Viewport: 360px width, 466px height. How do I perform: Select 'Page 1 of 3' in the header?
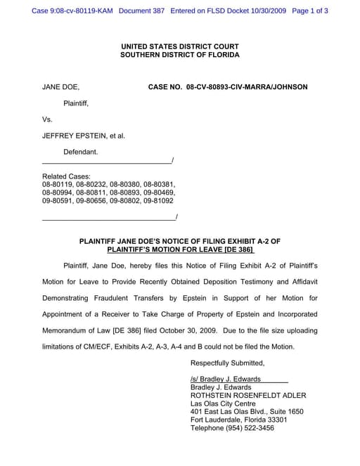pos(310,11)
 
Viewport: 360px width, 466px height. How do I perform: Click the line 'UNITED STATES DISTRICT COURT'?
pos(180,46)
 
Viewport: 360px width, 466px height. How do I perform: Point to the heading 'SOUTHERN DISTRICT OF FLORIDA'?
pos(180,55)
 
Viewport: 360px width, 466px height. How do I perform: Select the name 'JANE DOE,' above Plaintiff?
pos(61,87)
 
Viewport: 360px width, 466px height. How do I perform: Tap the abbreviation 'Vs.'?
pos(48,119)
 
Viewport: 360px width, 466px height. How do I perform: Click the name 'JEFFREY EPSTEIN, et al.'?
pos(84,136)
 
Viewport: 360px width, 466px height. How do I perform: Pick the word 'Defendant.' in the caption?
pos(81,152)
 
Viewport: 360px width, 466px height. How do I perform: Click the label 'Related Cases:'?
pos(66,176)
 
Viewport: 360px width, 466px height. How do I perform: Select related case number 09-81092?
pos(157,200)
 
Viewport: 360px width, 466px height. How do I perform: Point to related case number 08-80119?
pos(58,184)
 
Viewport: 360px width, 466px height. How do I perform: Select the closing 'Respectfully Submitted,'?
pos(228,363)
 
